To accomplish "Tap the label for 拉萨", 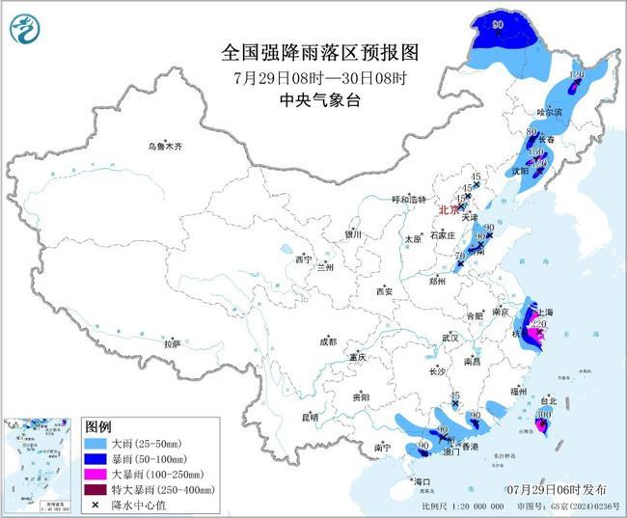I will pyautogui.click(x=172, y=343).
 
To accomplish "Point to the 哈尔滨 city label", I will pyautogui.click(x=547, y=112).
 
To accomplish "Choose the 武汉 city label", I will pyautogui.click(x=450, y=338).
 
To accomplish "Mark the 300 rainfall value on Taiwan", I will pyautogui.click(x=544, y=414).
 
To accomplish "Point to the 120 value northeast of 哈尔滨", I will pyautogui.click(x=578, y=74).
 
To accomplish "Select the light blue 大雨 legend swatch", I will pyautogui.click(x=97, y=443).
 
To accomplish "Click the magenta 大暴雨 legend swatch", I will pyautogui.click(x=97, y=474).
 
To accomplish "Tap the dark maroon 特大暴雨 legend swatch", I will pyautogui.click(x=97, y=489).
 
